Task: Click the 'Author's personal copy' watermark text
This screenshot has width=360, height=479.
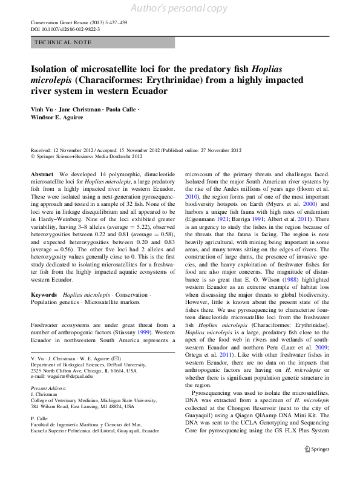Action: pyautogui.click(x=180, y=8)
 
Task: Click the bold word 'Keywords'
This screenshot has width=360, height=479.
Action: pyautogui.click(x=45, y=294)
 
